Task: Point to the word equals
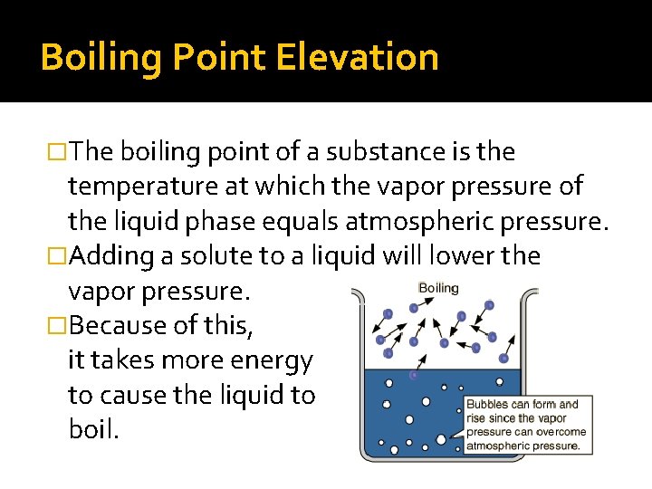(x=348, y=221)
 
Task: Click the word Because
(x=120, y=326)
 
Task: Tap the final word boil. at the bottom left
(x=93, y=430)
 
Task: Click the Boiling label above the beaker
(x=438, y=288)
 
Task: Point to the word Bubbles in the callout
(x=486, y=405)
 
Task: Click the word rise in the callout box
(x=477, y=418)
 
